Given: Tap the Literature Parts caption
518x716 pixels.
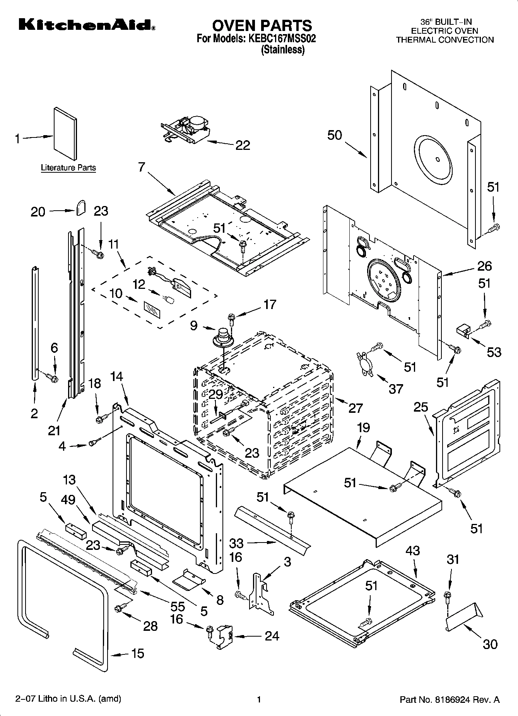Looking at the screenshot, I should click(x=68, y=168).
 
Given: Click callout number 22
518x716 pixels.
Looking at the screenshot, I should click(x=243, y=145).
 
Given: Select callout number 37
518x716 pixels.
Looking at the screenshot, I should click(x=395, y=388).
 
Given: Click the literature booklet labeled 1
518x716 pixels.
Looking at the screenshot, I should click(x=65, y=134).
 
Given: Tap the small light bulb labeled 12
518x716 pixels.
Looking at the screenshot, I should click(x=169, y=299).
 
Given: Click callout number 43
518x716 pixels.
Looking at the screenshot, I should click(x=413, y=550).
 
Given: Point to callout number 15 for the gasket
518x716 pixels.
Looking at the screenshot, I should click(x=137, y=653).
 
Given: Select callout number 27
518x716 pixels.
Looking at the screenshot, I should click(x=355, y=408).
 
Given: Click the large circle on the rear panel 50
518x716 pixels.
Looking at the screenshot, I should click(x=433, y=159).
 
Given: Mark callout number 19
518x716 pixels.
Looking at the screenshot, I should click(x=363, y=428).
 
